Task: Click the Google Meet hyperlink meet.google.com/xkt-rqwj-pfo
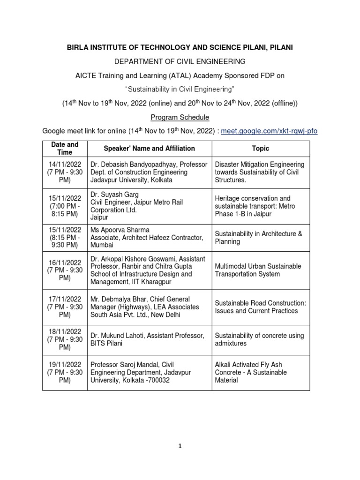pyautogui.click(x=269, y=131)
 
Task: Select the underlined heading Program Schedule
pyautogui.click(x=180, y=117)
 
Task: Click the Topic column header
pyautogui.click(x=261, y=149)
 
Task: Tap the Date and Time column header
pyautogui.click(x=65, y=149)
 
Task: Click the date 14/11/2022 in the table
pyautogui.click(x=65, y=165)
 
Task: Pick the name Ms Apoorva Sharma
pyautogui.click(x=120, y=230)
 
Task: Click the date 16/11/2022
pyautogui.click(x=65, y=262)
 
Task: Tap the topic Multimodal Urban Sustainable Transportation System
pyautogui.click(x=258, y=270)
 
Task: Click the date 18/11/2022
pyautogui.click(x=65, y=332)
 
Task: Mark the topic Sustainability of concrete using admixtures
pyautogui.click(x=259, y=339)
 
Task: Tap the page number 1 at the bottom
pyautogui.click(x=180, y=446)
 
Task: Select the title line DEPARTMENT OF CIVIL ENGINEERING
pyautogui.click(x=180, y=61)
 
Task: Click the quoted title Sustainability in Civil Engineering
pyautogui.click(x=180, y=89)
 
